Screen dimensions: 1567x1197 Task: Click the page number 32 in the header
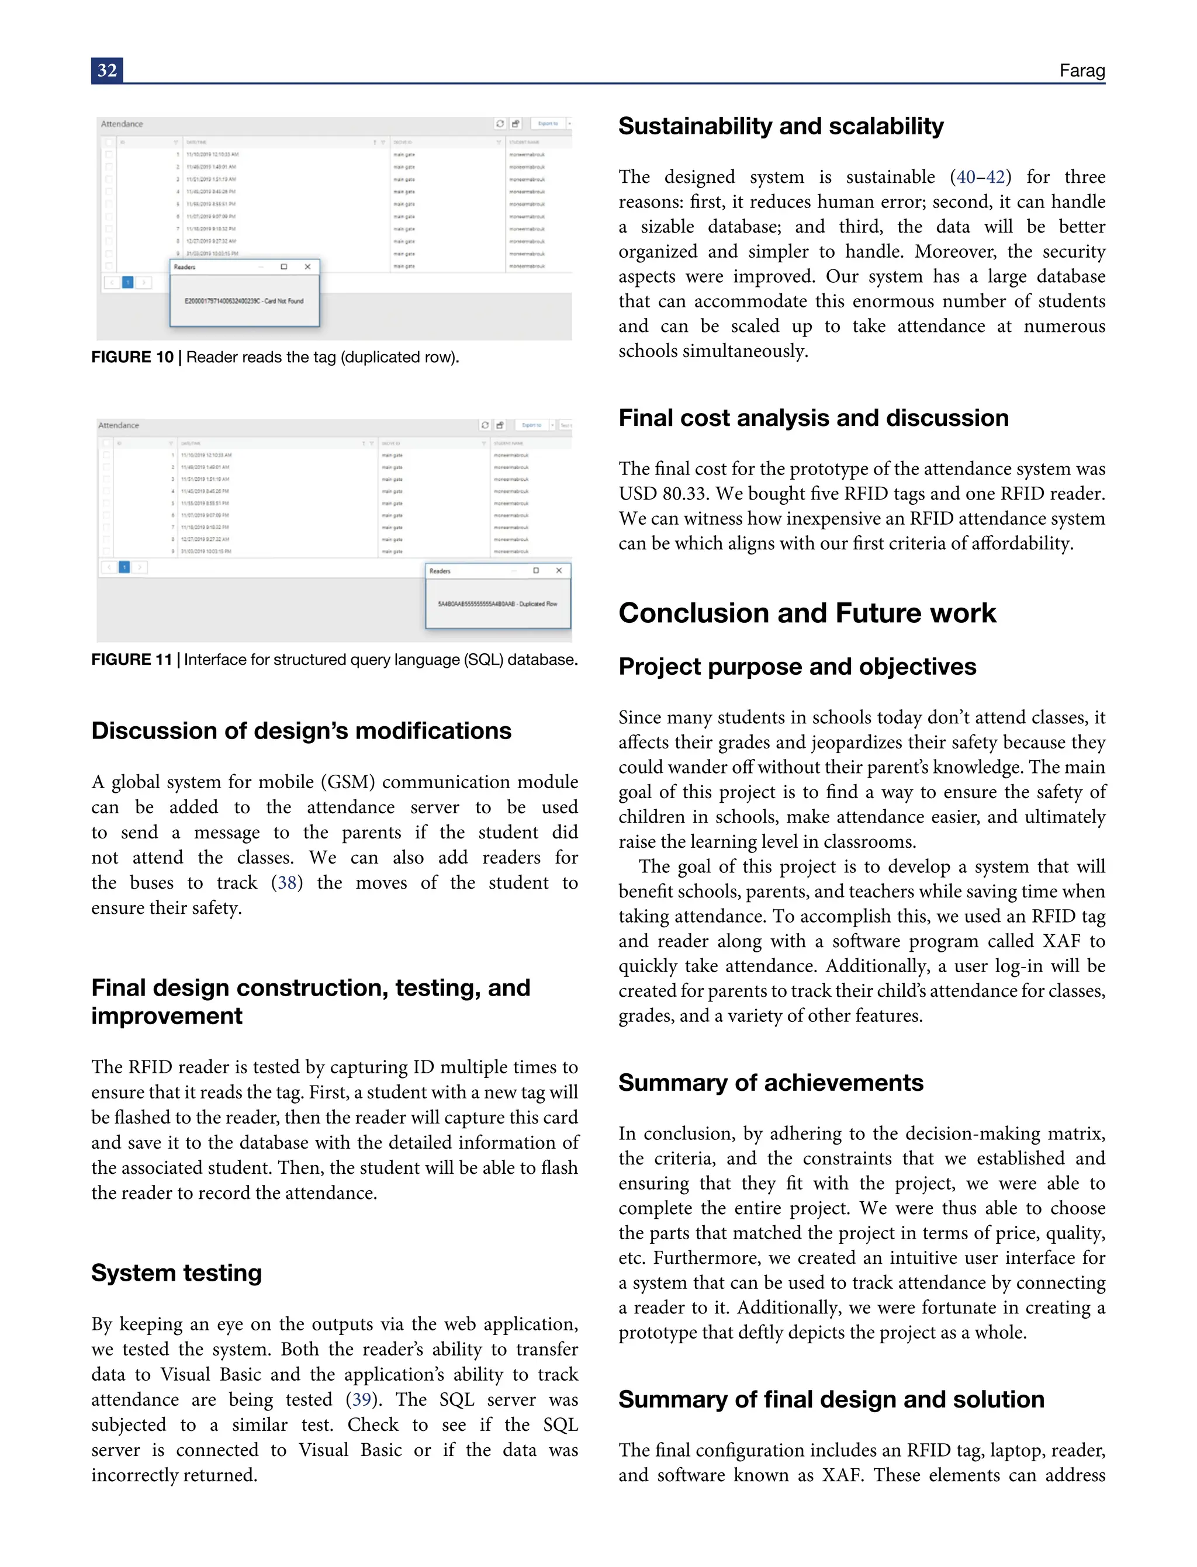point(107,71)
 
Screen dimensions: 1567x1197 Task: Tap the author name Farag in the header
point(1082,71)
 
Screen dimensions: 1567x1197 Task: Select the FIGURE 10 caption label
point(133,357)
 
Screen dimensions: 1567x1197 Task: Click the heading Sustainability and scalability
point(781,126)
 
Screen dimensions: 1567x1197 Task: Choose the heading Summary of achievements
point(770,1083)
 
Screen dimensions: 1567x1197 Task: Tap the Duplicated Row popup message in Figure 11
point(497,604)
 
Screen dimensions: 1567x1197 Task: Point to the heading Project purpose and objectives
point(797,667)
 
